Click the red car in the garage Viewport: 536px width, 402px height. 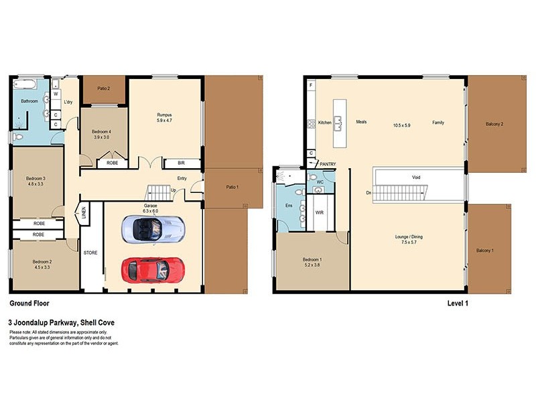152,269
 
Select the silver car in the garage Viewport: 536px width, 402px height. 152,229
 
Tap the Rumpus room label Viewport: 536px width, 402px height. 165,115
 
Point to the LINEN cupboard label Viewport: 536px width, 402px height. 84,213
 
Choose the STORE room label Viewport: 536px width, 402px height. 90,253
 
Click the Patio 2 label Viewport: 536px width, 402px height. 104,88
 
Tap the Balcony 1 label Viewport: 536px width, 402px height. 486,251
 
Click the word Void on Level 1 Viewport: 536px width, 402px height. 416,178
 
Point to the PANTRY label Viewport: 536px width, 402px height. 328,164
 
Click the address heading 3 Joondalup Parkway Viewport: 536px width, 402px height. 61,322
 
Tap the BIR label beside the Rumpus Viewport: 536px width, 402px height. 182,163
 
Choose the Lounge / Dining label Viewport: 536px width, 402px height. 409,237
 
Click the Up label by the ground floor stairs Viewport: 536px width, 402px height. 174,190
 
